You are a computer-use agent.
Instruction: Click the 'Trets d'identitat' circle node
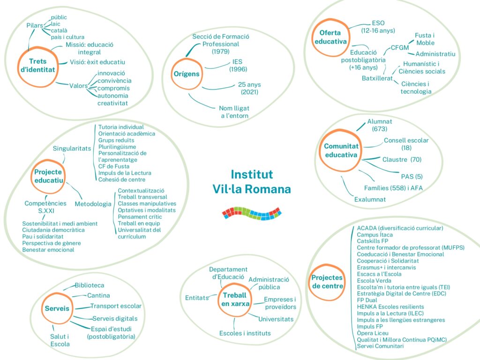[38, 66]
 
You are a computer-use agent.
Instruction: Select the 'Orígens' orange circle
[188, 74]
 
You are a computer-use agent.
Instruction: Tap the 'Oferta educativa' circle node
[330, 37]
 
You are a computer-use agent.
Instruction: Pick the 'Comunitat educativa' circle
[341, 150]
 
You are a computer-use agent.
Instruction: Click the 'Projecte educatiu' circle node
[48, 177]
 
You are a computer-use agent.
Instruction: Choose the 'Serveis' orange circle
[57, 308]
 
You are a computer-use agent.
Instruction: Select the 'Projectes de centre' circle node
[327, 282]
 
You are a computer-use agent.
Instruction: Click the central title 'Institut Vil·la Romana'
[252, 182]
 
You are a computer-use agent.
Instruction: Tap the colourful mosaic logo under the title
[251, 213]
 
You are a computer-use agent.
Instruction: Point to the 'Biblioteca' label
[90, 285]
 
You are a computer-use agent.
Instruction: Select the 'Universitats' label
[276, 319]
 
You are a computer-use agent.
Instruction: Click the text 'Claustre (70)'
[402, 160]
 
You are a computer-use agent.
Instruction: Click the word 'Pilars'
[35, 25]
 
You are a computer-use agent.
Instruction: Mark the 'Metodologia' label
[93, 204]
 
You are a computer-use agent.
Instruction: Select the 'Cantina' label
[98, 295]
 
